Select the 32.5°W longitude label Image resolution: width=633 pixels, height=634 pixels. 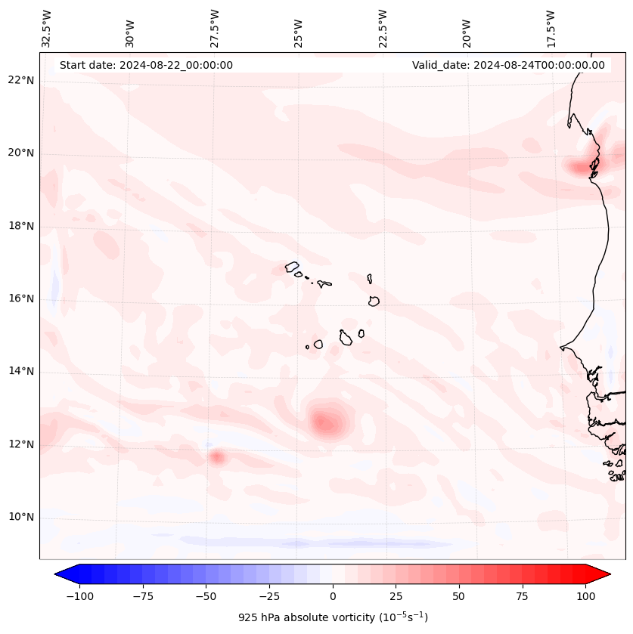coord(47,28)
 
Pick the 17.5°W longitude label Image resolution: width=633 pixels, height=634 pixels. coord(551,28)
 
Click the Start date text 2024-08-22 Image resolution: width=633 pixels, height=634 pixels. coord(146,65)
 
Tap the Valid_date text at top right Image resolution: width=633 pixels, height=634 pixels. coord(508,65)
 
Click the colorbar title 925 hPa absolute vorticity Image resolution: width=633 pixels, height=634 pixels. coord(333,617)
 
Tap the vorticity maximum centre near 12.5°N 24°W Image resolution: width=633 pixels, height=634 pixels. coord(325,422)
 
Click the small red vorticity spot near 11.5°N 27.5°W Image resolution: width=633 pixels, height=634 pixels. coord(218,456)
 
